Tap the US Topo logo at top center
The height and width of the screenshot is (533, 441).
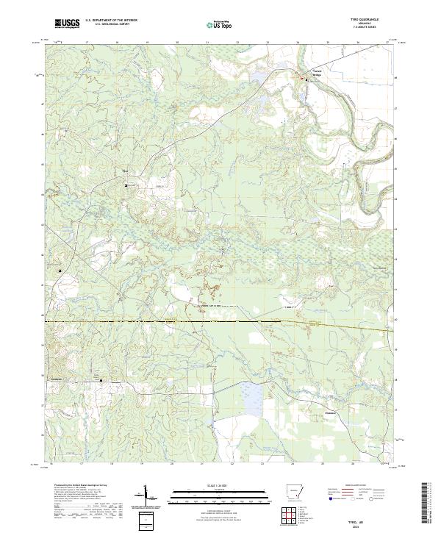coord(220,24)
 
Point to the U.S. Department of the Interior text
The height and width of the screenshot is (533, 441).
coord(111,21)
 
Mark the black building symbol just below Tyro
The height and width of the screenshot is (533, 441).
coord(126,186)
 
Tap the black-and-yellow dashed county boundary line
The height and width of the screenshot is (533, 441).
coord(220,321)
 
